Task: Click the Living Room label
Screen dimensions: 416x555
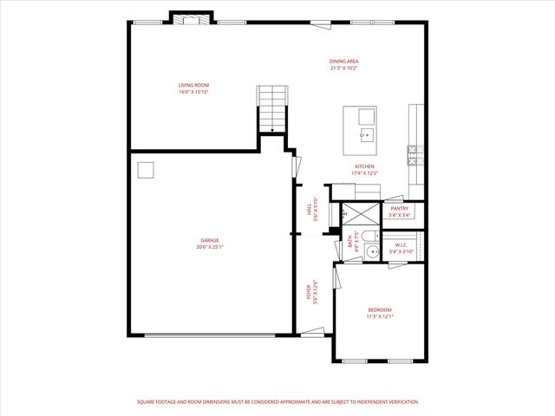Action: tap(193, 85)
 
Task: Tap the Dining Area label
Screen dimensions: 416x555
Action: tap(343, 61)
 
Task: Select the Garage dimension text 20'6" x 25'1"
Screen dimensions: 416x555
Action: tap(210, 247)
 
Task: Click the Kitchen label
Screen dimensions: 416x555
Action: tap(364, 166)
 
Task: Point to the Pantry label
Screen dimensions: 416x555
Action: tap(400, 209)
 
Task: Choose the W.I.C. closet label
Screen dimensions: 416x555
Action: tap(400, 244)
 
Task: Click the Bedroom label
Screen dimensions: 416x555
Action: tap(380, 310)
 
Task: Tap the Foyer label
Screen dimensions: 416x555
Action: tap(310, 292)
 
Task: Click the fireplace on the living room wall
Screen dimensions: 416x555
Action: tap(190, 18)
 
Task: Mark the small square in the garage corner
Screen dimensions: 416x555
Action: tap(147, 170)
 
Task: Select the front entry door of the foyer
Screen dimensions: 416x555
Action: tap(312, 332)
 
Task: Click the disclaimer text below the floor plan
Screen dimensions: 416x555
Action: tap(277, 402)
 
